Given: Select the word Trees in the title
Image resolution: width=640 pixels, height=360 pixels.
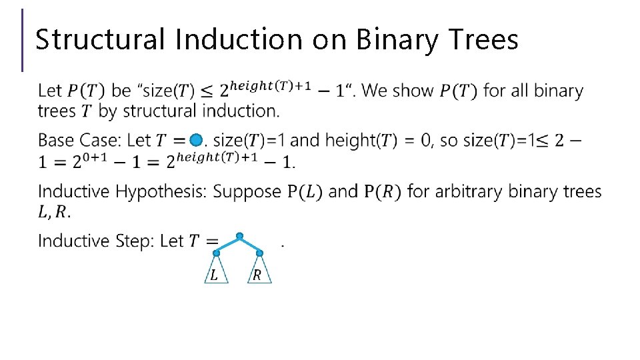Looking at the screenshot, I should point(485,40).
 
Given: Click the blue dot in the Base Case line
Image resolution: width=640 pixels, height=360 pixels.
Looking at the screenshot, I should point(195,141).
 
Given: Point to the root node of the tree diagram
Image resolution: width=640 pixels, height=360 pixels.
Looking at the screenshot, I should point(239,236).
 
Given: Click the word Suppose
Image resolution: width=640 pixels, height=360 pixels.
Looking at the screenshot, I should point(247,192).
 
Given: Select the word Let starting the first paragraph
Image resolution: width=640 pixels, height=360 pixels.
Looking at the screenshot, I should point(51,91).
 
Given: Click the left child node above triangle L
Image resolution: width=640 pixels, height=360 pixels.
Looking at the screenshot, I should point(216,253).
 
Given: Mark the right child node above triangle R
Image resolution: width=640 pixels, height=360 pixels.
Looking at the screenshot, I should point(259,253).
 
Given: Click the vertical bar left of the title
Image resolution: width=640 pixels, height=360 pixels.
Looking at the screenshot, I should point(23,40).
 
